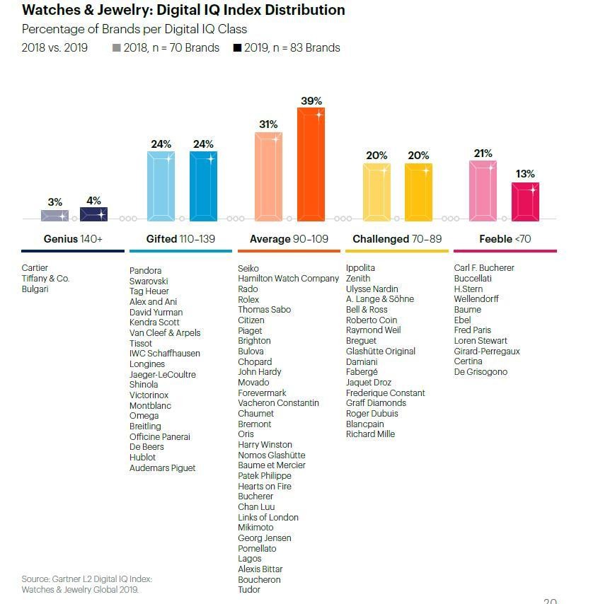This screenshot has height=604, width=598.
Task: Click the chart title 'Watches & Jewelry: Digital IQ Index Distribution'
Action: [183, 10]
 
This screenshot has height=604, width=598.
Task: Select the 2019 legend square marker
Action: [237, 48]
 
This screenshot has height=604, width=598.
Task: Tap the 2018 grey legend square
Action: [117, 48]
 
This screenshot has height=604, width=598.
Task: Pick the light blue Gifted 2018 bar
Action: [161, 187]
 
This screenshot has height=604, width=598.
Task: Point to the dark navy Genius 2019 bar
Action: [93, 214]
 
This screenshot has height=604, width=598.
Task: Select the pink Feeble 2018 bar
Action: [483, 191]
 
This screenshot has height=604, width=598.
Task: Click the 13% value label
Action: [525, 174]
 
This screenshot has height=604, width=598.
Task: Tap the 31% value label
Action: [268, 124]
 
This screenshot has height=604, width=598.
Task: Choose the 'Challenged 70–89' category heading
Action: [396, 239]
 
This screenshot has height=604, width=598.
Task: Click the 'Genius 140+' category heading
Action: [73, 239]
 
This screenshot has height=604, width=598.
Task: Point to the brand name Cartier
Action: [35, 268]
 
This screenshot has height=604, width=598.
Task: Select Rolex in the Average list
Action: [249, 299]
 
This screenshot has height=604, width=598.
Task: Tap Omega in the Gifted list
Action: [144, 416]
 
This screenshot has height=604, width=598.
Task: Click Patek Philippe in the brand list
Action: [265, 476]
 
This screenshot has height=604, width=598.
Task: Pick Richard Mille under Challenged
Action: [370, 434]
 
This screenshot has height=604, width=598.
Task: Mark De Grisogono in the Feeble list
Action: [481, 372]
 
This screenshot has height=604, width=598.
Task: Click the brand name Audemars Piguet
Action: [162, 468]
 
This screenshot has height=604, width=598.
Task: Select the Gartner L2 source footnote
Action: [86, 584]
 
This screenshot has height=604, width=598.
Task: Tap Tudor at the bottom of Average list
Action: [249, 590]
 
